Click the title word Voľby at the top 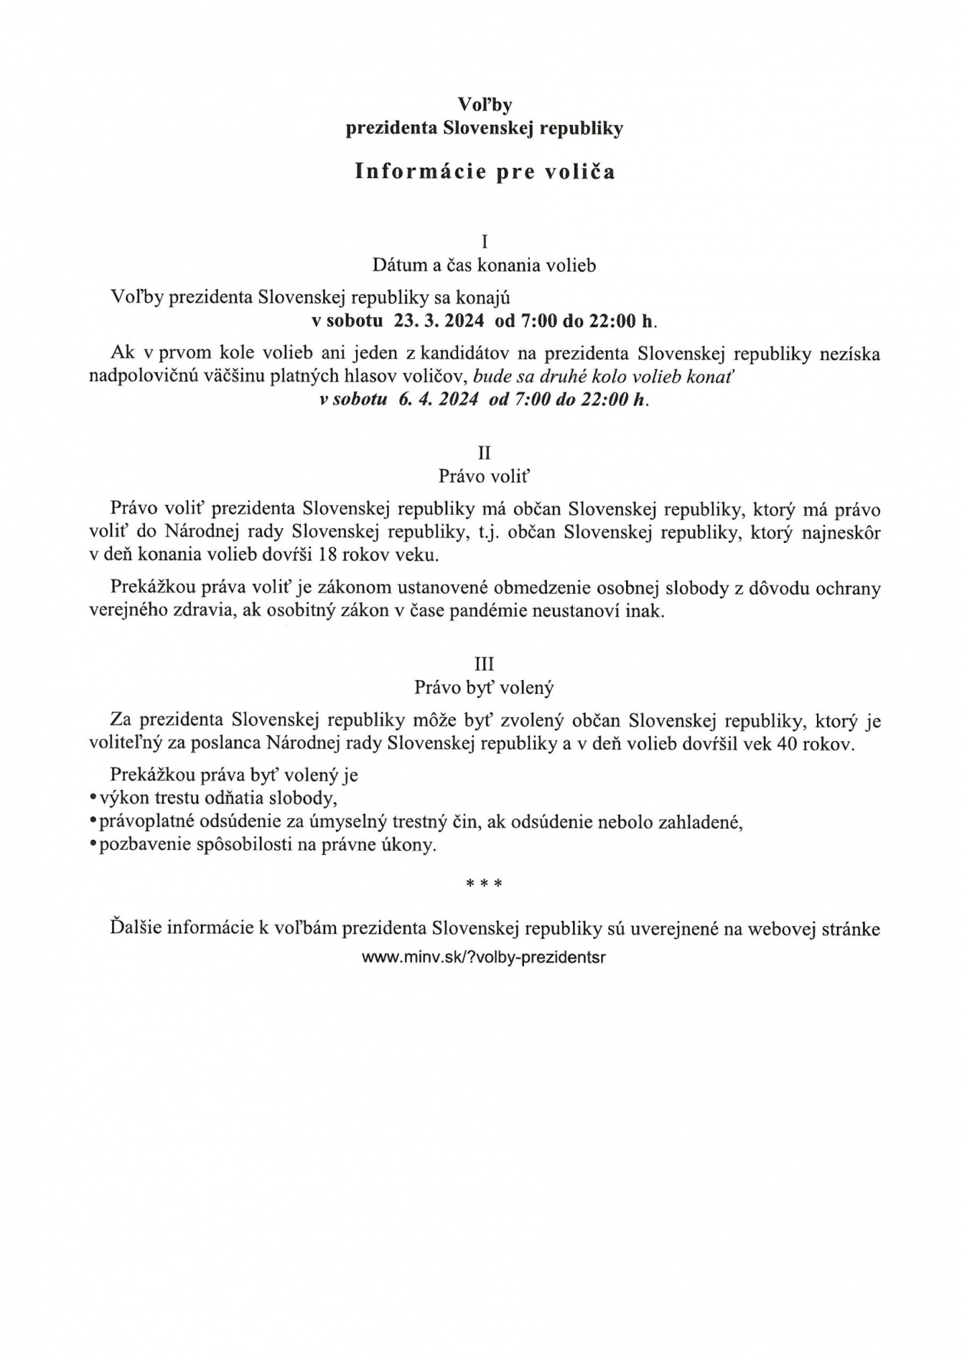[x=484, y=104]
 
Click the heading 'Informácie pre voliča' [x=484, y=172]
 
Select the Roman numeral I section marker [x=484, y=241]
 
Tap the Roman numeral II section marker [x=484, y=453]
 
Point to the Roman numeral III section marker [x=484, y=664]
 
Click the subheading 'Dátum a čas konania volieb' [x=484, y=265]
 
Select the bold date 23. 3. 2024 [x=439, y=321]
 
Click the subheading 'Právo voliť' [x=484, y=476]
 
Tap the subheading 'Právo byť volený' [x=484, y=687]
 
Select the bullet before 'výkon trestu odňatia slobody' [x=93, y=798]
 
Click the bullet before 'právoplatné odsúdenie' [x=93, y=822]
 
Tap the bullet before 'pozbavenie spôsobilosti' [x=93, y=845]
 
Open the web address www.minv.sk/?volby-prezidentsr [x=484, y=958]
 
